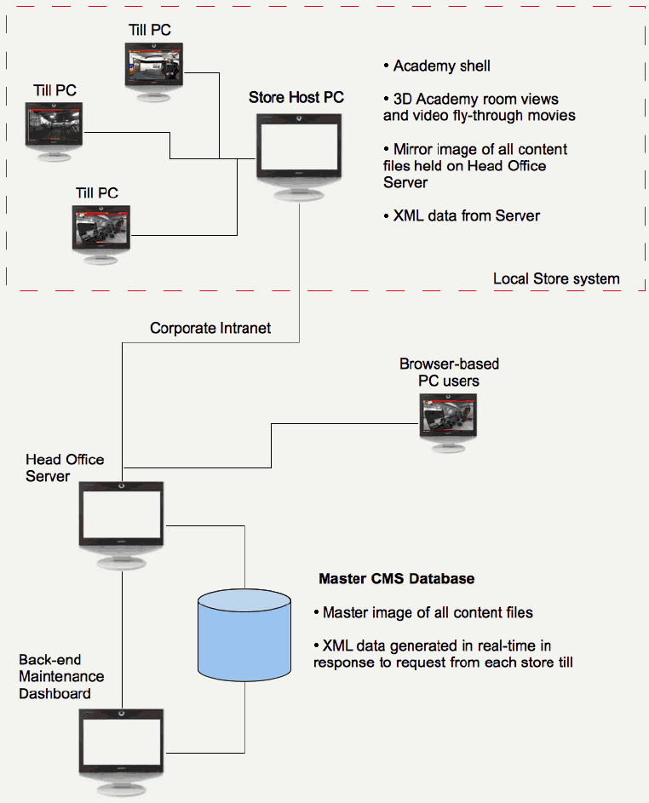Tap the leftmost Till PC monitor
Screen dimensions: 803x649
[x=57, y=125]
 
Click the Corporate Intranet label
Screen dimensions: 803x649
[x=210, y=328]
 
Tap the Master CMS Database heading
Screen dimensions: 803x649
[x=396, y=579]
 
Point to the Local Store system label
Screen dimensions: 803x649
[x=556, y=278]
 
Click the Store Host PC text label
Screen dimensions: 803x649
[x=296, y=97]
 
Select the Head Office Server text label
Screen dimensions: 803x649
[x=65, y=467]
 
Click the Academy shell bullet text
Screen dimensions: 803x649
[x=441, y=66]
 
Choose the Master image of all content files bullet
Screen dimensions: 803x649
[x=428, y=612]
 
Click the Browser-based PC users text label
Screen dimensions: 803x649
[x=449, y=372]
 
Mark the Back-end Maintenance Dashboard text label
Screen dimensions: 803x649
[x=61, y=676]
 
